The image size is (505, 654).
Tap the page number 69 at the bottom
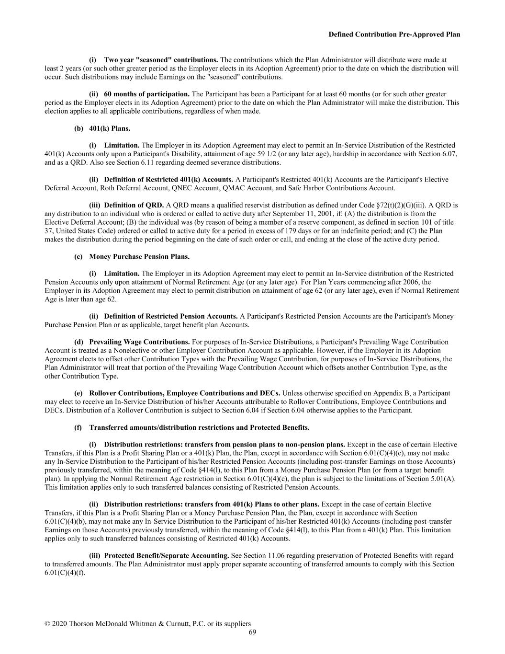pyautogui.click(x=252, y=632)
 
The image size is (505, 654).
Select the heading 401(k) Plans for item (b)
pyautogui.click(x=109, y=128)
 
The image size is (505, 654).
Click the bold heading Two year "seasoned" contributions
pyautogui.click(x=161, y=60)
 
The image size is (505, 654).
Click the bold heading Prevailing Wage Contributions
pyautogui.click(x=139, y=342)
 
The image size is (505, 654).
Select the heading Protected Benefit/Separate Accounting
pyautogui.click(x=166, y=555)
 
